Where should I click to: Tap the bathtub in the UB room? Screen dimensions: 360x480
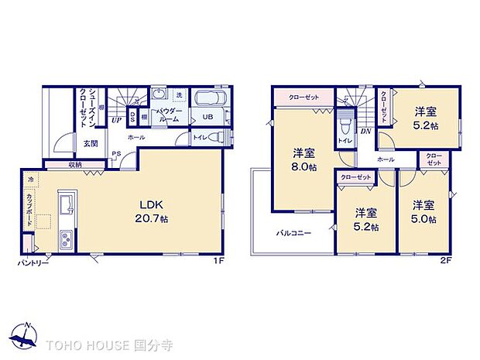point(207,101)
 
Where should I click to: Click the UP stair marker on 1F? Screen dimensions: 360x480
point(115,120)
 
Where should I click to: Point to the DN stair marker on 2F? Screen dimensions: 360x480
point(365,131)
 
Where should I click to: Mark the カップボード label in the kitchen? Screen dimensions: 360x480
point(29,210)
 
